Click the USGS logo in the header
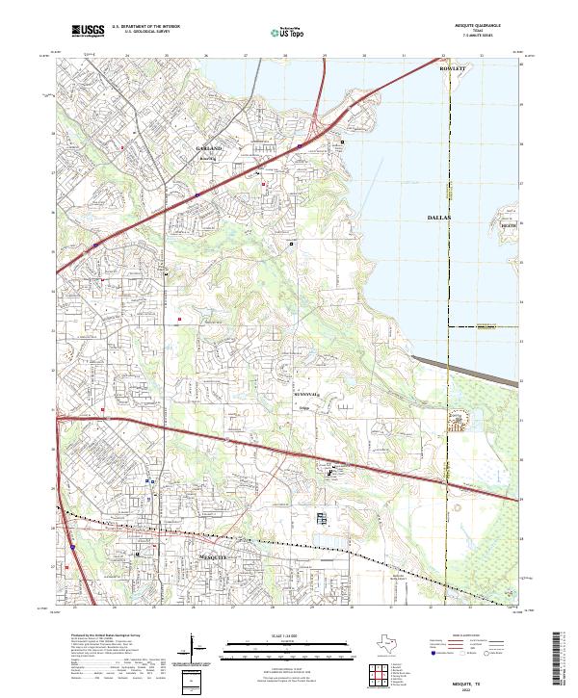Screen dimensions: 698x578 [x=88, y=31]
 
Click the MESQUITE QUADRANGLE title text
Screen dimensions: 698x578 [x=478, y=26]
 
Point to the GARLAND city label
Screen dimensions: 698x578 [x=208, y=149]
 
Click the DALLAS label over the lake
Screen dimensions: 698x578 [x=438, y=220]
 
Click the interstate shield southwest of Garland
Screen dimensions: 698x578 [x=197, y=194]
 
